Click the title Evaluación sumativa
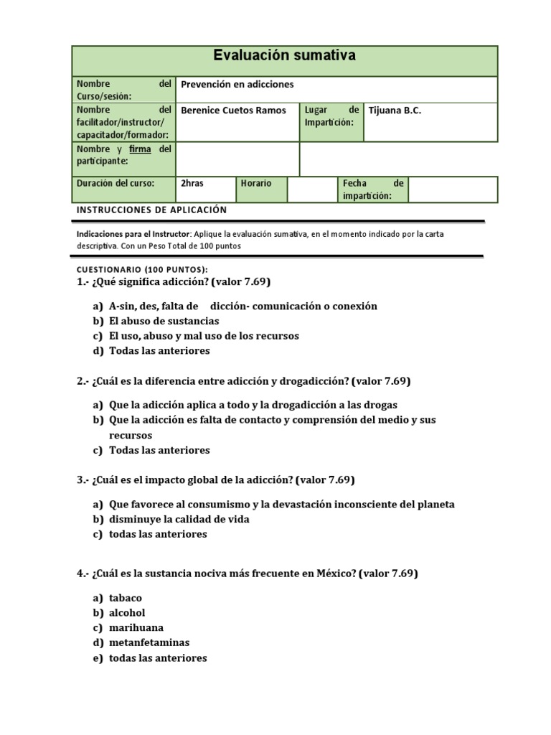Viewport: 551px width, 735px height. click(285, 56)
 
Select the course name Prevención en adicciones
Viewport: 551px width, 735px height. click(237, 85)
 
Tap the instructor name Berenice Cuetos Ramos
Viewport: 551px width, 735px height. click(233, 111)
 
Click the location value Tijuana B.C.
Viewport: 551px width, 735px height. click(395, 111)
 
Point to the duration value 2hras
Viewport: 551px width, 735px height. click(192, 184)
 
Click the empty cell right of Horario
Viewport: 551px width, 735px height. click(311, 189)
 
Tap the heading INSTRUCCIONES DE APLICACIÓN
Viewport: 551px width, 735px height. click(151, 210)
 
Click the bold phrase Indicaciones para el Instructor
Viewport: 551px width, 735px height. click(133, 234)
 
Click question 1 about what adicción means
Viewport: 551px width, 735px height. click(174, 281)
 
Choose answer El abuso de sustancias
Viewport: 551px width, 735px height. click(164, 321)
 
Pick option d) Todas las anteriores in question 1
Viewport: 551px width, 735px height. click(159, 351)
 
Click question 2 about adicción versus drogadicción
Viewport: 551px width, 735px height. click(244, 381)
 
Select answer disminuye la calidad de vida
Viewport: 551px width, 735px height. click(179, 519)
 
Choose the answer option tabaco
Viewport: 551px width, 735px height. click(126, 598)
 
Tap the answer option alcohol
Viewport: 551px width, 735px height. click(127, 613)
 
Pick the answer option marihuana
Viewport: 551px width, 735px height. click(136, 628)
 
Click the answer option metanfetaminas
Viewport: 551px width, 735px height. click(149, 643)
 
